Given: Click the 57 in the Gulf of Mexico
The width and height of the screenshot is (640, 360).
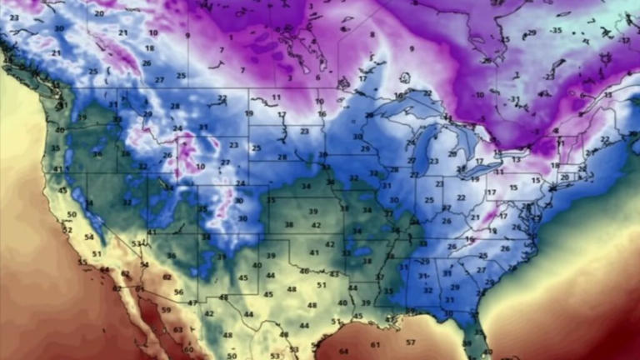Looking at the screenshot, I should (410, 342).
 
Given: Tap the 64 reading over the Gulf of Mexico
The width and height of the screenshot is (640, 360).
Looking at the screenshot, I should (344, 351).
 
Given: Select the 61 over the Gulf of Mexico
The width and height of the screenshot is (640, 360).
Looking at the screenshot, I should (375, 344).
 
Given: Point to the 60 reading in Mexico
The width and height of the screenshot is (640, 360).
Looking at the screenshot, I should (188, 350).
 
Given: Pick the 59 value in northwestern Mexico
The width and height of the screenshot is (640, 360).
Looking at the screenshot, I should (166, 310).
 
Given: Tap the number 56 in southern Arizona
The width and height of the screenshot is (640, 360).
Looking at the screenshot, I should (178, 292).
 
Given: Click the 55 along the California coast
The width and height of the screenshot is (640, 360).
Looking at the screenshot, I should (82, 262).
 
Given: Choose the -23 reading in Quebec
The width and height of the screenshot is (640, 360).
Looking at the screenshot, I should (548, 76).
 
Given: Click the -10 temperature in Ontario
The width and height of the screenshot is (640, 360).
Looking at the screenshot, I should (478, 95).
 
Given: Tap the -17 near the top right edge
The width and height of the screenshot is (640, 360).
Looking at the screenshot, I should (624, 39).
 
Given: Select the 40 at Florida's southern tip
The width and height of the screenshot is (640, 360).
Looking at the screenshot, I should (487, 352).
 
